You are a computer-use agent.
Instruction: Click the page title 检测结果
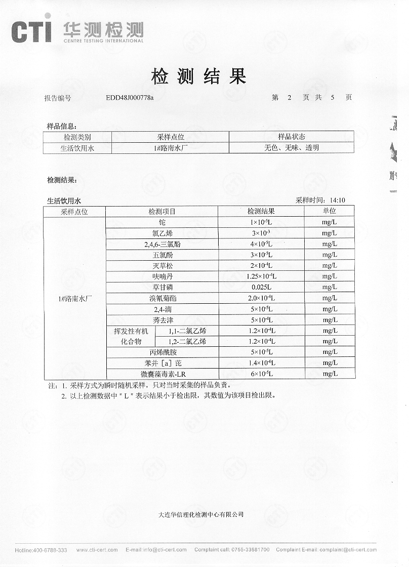pos(198,76)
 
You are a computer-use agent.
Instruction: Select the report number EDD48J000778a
pos(130,98)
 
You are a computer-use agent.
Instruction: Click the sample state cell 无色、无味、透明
pos(291,148)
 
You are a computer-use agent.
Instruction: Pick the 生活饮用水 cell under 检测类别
pos(77,148)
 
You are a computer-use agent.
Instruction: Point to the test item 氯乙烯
pos(162,233)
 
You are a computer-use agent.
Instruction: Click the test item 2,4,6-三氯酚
pos(162,244)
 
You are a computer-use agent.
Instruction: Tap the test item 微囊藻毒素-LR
pos(162,374)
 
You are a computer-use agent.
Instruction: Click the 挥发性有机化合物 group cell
pos(131,336)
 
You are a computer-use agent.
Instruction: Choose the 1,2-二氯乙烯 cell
pos(187,342)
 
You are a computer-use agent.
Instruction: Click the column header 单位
pos(329,211)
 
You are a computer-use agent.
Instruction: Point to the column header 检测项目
pos(162,212)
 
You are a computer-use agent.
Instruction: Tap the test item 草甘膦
pos(162,287)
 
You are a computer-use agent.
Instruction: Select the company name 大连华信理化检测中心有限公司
pos(201,514)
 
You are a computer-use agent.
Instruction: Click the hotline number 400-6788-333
pos(50,550)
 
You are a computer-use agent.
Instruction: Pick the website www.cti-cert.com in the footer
pos(97,550)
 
